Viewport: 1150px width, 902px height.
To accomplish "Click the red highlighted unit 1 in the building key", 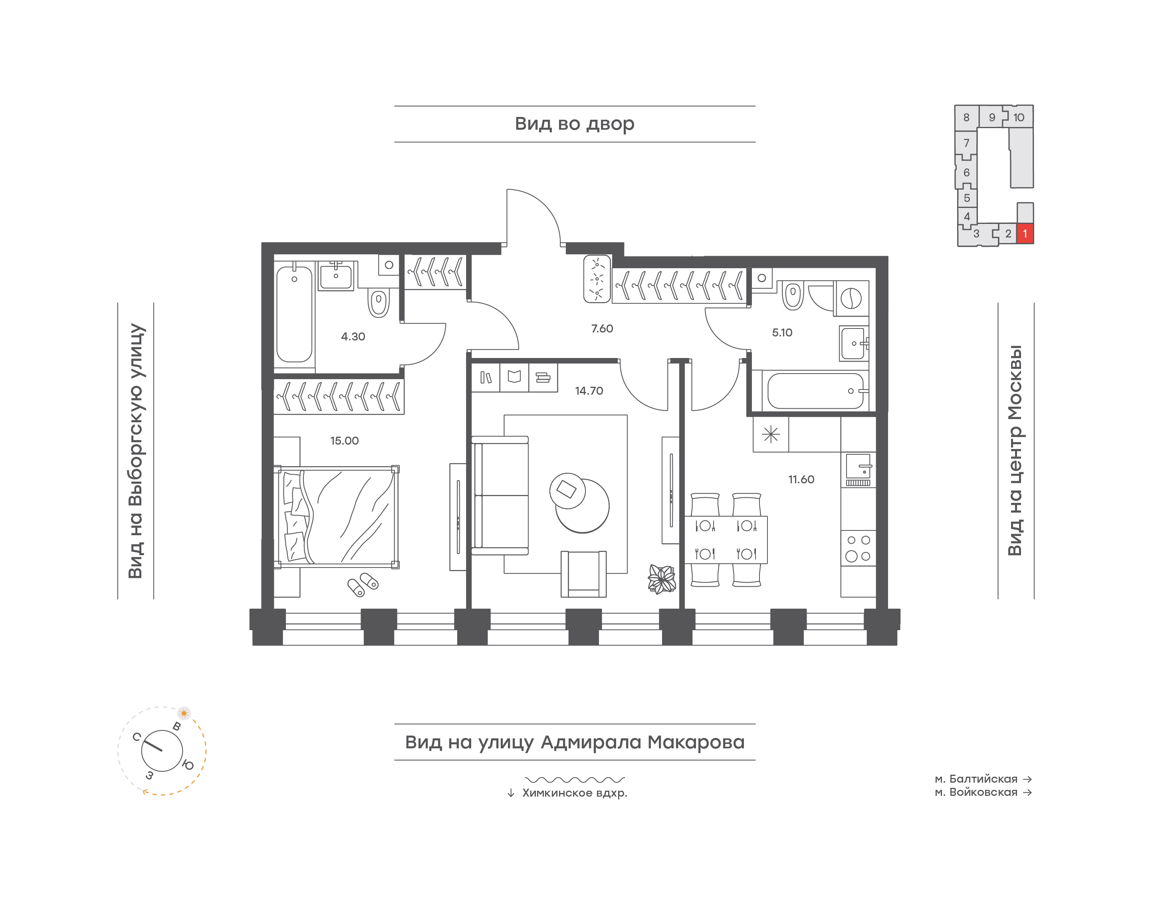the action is point(1025,233).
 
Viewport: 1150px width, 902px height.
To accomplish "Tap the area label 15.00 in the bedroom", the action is point(345,441).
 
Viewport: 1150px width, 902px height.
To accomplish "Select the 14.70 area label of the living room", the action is point(589,391).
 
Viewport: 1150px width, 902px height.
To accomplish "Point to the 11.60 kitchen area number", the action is point(801,479).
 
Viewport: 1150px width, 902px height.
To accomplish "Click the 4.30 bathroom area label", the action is point(353,336).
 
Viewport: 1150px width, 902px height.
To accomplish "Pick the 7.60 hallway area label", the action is point(602,328).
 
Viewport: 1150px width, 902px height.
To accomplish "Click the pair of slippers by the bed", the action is point(363,584).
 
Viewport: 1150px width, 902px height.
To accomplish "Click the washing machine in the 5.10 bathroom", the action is point(851,299).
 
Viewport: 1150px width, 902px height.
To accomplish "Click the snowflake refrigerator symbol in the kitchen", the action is point(771,435).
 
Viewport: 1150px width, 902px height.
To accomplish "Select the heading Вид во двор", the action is point(575,124).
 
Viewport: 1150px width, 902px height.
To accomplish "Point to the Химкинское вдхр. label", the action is point(575,793).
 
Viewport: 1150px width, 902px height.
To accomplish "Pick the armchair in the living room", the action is point(584,574).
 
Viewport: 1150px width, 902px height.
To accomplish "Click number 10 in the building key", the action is point(1019,118).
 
